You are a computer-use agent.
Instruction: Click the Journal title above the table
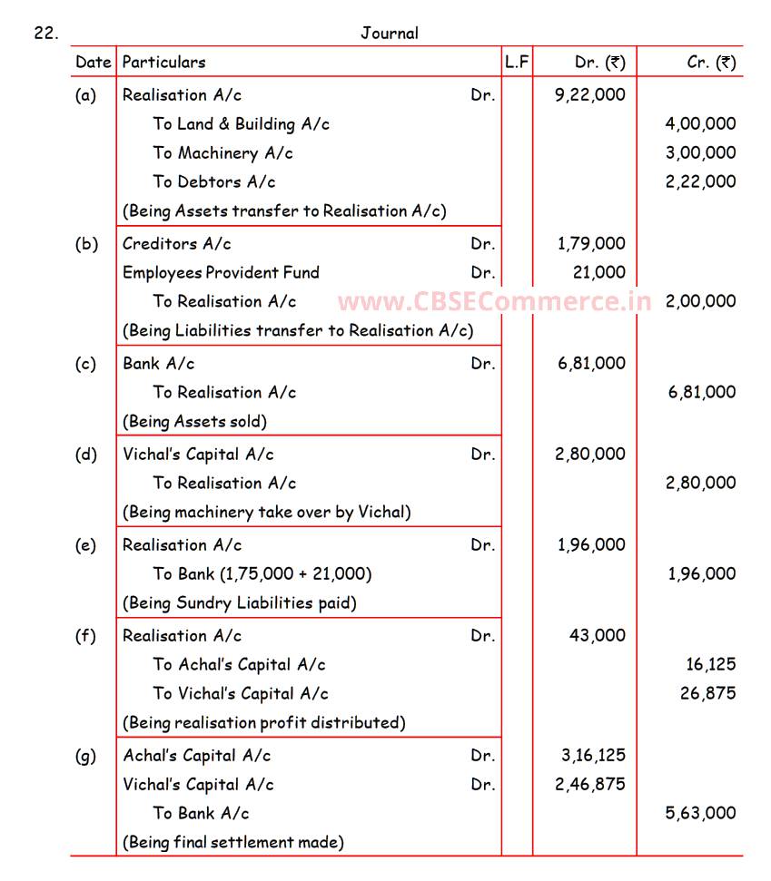pyautogui.click(x=390, y=34)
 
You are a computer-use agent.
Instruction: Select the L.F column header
pyautogui.click(x=517, y=63)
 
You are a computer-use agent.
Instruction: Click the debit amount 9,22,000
pyautogui.click(x=589, y=94)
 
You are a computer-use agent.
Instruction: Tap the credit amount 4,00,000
pyautogui.click(x=700, y=123)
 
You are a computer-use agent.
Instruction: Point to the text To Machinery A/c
pyautogui.click(x=222, y=152)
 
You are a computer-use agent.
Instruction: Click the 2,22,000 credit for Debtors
pyautogui.click(x=700, y=181)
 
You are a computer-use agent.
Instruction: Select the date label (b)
pyautogui.click(x=86, y=243)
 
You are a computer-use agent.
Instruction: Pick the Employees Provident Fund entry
pyautogui.click(x=221, y=272)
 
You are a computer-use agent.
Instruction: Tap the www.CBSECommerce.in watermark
pyautogui.click(x=494, y=301)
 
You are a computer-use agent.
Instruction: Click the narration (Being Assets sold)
pyautogui.click(x=194, y=421)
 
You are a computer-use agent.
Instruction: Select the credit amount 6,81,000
pyautogui.click(x=700, y=392)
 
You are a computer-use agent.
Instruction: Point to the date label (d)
pyautogui.click(x=86, y=454)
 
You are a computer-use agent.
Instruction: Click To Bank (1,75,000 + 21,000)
pyautogui.click(x=262, y=573)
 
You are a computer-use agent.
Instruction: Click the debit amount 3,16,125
pyautogui.click(x=589, y=755)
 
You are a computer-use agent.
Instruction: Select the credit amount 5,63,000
pyautogui.click(x=700, y=813)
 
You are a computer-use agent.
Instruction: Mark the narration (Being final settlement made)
pyautogui.click(x=233, y=842)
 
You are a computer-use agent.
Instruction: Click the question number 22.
pyautogui.click(x=46, y=34)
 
